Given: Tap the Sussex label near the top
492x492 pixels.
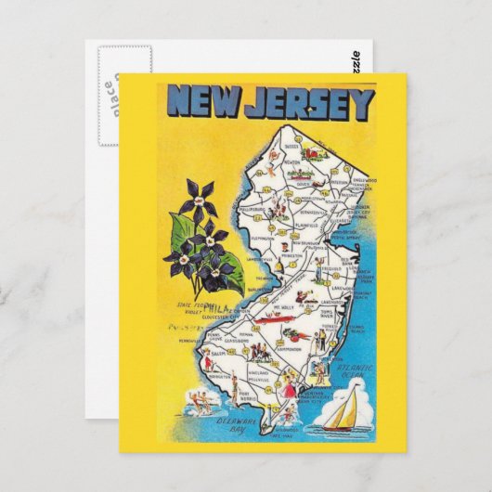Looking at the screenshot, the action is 291,146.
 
